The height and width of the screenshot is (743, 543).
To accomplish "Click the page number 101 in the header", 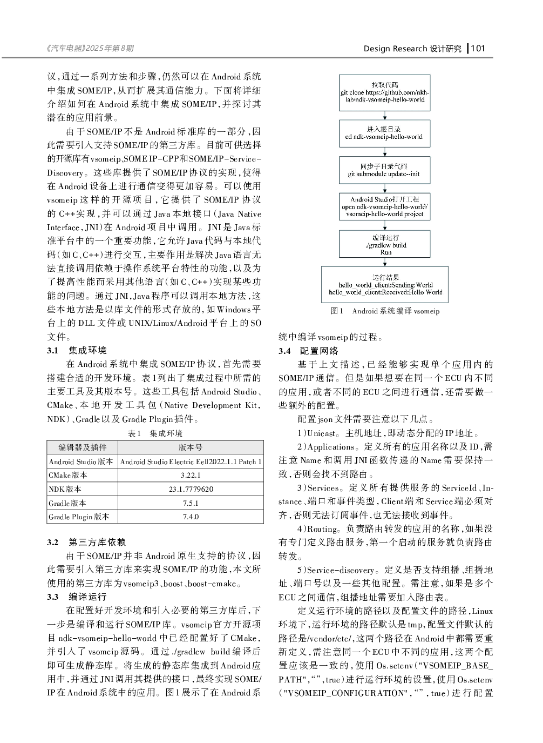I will coord(478,49).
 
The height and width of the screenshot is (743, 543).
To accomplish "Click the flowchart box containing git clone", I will coord(385,93).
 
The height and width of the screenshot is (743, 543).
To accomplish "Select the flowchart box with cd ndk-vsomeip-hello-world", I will coord(384,133).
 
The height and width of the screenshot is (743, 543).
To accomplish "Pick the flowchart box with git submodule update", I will coord(384,170).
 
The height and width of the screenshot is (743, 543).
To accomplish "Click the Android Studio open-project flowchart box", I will coord(384,207).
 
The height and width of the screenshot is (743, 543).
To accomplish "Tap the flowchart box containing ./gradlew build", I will coord(385,245).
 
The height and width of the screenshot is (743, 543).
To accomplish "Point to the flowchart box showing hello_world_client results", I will coord(385,284).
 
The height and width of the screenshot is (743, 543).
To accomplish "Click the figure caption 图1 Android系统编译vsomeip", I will coord(385,311).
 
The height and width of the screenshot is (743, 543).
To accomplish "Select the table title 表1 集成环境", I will coord(155,433).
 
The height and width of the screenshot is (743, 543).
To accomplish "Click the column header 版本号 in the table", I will coord(191,447).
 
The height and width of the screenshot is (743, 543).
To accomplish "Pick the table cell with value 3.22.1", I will coord(191,475).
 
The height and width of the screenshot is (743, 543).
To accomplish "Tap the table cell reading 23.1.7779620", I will coord(191,489).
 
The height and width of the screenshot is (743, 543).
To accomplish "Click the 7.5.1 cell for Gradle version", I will coord(191,503).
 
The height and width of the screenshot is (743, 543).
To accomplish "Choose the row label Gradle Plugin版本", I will coord(79,517).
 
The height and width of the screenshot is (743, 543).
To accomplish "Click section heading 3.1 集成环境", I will coord(77,351).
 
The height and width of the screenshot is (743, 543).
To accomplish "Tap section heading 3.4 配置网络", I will coord(308,351).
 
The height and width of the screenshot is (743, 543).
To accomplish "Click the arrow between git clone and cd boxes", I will coord(385,116).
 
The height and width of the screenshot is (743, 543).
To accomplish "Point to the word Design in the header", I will coord(376,49).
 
